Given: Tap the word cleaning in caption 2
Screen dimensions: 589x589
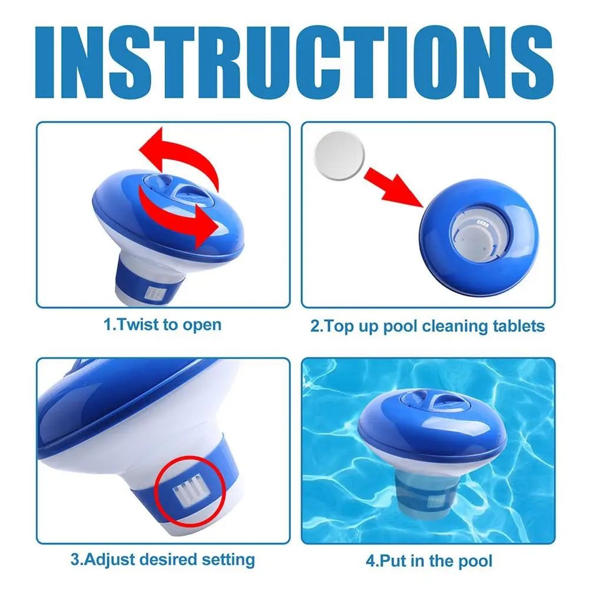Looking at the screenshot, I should pyautogui.click(x=449, y=326).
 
